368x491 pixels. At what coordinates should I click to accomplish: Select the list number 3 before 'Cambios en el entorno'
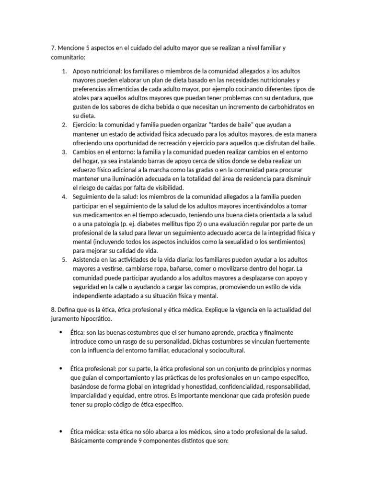(64, 152)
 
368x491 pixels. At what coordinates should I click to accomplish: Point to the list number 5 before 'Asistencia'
(64, 259)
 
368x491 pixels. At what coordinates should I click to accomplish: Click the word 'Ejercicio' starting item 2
(84, 125)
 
